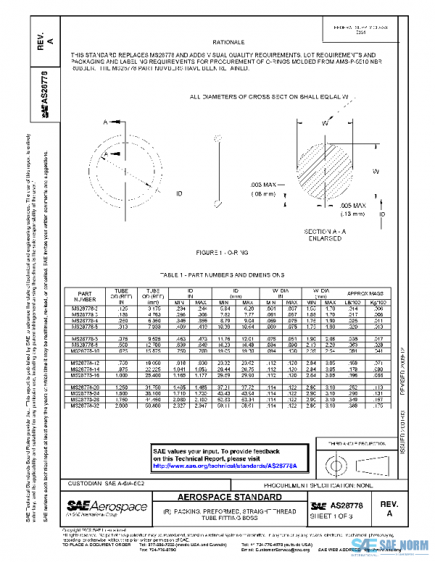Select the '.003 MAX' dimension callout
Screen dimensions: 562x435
(x=267, y=186)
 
